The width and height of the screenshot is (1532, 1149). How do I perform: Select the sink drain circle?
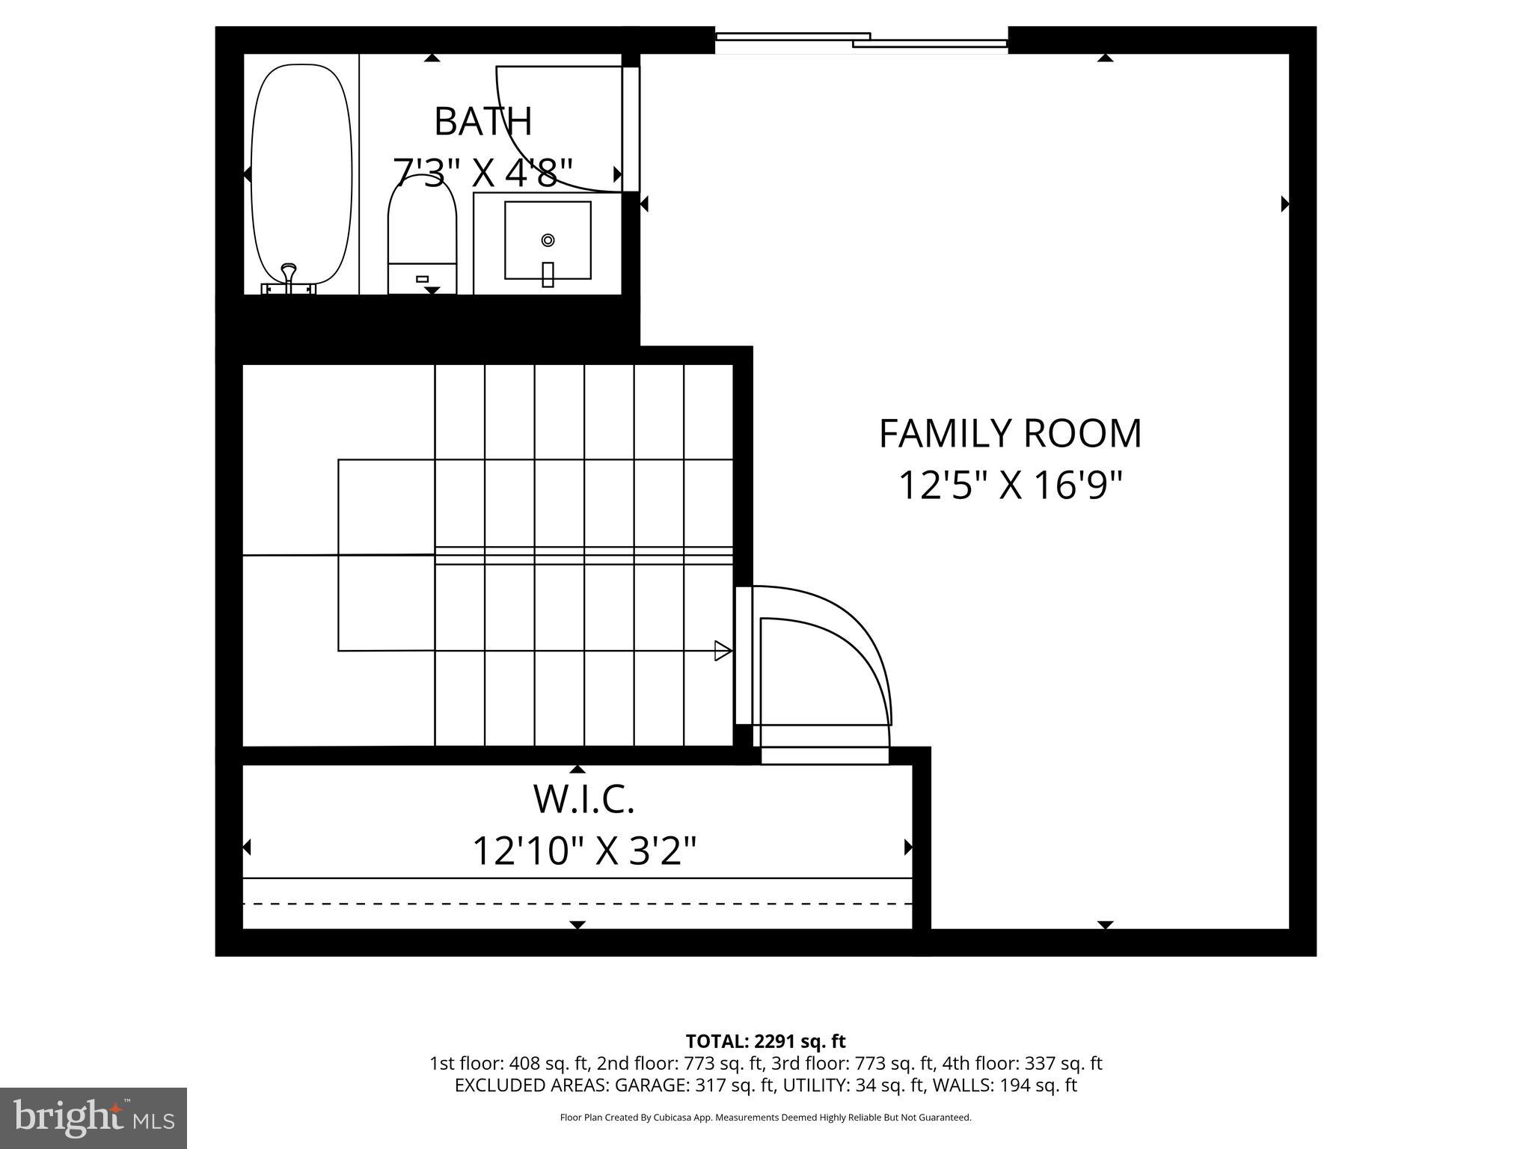(x=548, y=240)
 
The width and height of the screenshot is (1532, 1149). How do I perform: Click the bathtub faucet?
(x=288, y=278)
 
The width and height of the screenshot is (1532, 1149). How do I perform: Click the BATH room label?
(x=482, y=122)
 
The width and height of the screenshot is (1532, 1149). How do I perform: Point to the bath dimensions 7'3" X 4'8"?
(x=482, y=173)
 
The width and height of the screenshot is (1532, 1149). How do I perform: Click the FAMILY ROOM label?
(x=1010, y=434)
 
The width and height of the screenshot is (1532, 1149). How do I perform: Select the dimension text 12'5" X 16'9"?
(x=1010, y=485)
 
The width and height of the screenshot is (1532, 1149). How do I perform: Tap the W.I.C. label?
(x=583, y=799)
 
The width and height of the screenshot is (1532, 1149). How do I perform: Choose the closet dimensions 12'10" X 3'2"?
(x=583, y=850)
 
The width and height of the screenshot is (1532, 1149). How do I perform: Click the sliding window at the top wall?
(x=861, y=40)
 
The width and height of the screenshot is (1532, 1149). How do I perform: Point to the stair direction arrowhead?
(x=723, y=651)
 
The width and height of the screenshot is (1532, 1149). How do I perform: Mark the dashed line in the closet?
(x=576, y=904)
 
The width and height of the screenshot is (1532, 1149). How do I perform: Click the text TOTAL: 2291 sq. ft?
(x=765, y=1041)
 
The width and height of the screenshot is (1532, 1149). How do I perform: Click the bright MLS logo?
(x=94, y=1118)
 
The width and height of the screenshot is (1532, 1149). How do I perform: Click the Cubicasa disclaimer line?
(x=765, y=1118)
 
